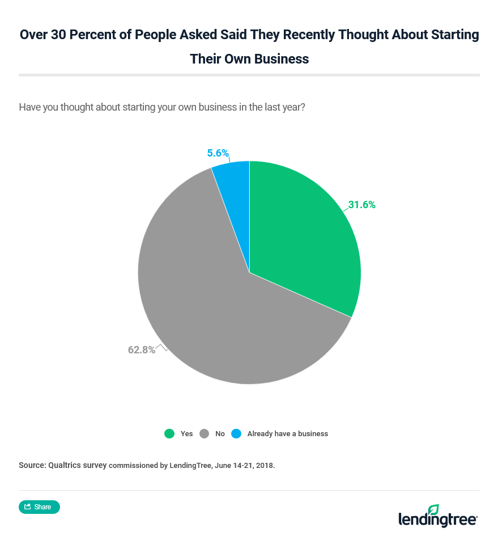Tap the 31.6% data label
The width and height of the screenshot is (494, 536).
(361, 205)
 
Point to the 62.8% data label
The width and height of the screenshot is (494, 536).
(141, 350)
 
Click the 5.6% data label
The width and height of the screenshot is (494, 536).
(218, 153)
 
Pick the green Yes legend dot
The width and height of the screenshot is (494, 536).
(169, 434)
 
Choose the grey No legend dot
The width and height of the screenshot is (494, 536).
(204, 434)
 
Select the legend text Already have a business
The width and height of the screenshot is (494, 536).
(287, 434)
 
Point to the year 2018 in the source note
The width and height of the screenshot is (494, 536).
(263, 466)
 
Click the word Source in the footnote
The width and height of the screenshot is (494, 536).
(32, 465)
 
